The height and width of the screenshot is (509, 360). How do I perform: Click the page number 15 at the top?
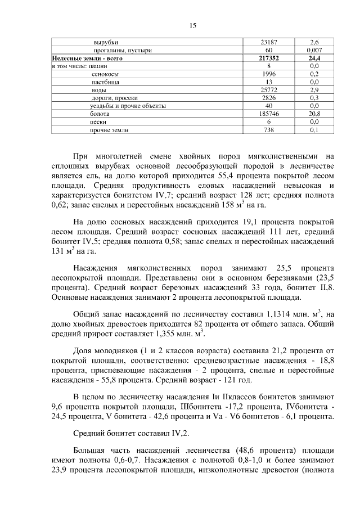point(192,25)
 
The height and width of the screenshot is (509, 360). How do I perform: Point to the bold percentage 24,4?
point(314,58)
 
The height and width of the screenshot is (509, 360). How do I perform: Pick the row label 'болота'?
point(100,114)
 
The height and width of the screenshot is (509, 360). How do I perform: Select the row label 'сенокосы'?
point(105,74)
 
